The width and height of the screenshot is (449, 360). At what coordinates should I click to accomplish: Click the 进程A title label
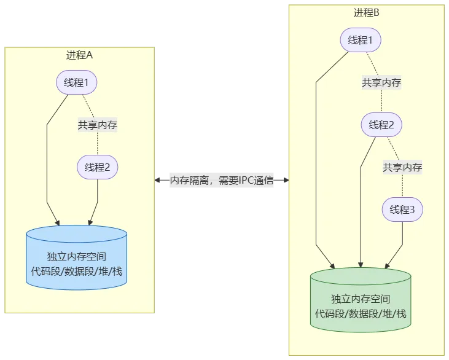pos(79,55)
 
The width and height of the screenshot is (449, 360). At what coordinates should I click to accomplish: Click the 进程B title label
pos(367,12)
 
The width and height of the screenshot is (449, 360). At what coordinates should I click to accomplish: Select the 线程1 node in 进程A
pos(77,82)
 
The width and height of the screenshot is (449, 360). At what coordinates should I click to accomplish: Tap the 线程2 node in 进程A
pos(97,167)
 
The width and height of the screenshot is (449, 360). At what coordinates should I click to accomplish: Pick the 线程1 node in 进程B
pos(361,41)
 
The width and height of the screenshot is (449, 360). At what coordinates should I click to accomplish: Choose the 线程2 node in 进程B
pos(381,125)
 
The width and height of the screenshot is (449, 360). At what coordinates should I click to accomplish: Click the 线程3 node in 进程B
pos(402,209)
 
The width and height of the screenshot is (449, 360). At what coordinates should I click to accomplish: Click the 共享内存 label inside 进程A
pos(97,125)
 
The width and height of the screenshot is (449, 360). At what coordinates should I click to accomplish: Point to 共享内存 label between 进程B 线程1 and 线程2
pos(381,83)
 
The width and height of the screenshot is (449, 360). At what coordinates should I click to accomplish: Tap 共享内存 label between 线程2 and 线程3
pos(402,167)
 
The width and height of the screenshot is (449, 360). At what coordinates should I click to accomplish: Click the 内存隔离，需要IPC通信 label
pos(221,181)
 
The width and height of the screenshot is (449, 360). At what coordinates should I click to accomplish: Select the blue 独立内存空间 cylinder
pos(77,258)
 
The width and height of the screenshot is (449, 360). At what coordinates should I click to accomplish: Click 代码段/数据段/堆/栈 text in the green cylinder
pos(361,313)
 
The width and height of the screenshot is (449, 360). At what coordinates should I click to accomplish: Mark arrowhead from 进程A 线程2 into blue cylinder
pos(90,222)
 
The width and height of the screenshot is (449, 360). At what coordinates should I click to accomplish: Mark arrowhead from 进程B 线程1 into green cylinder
pos(332,265)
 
